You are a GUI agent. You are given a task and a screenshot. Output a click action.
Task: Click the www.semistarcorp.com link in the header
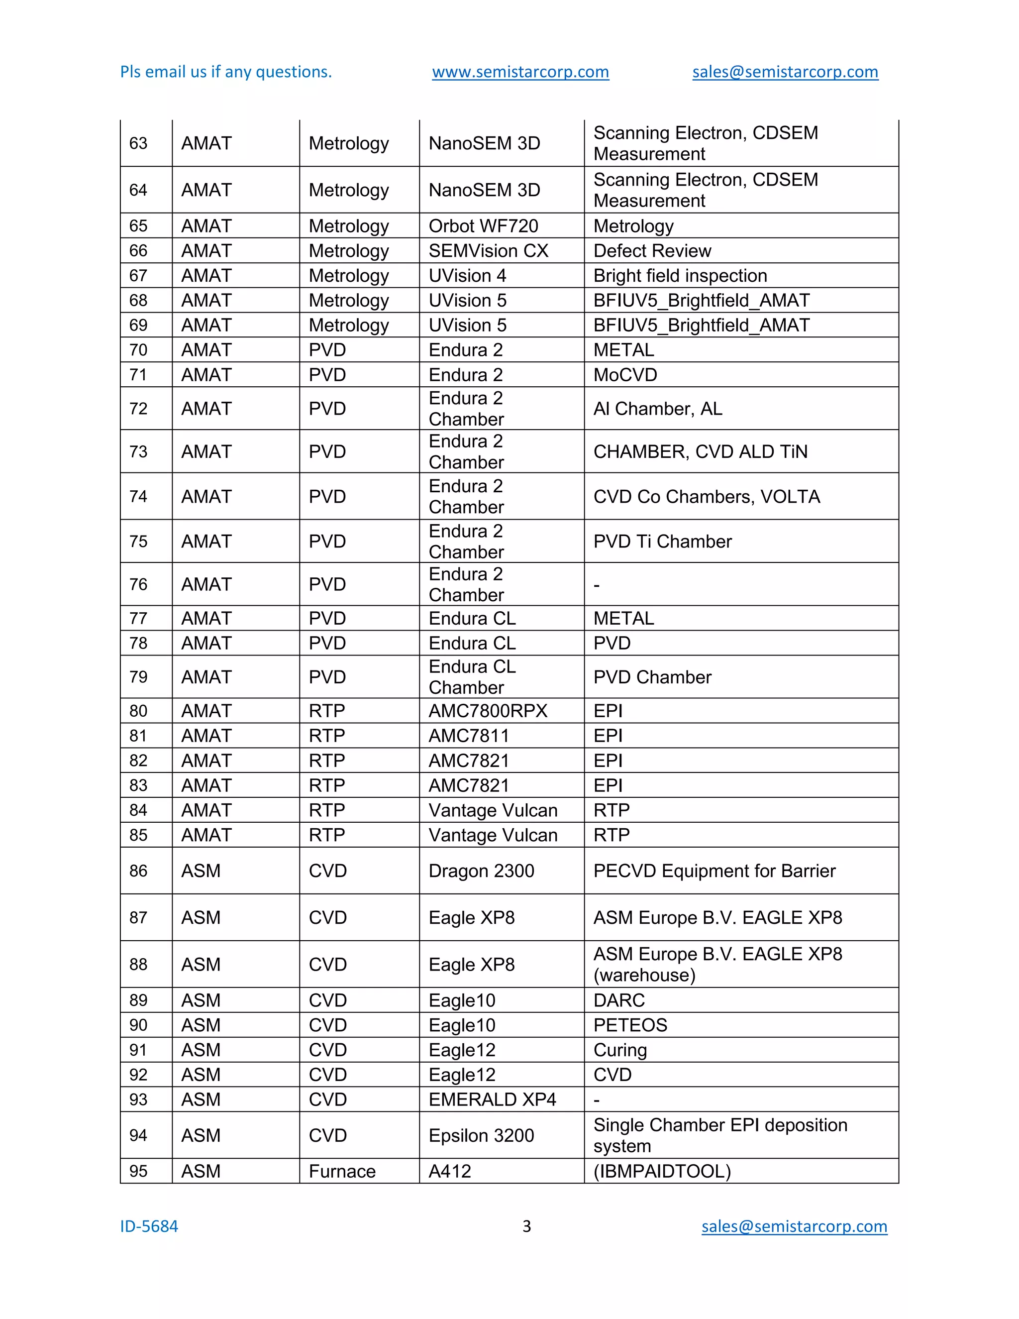click(x=520, y=72)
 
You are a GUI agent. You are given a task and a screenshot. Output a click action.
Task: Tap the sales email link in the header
click(x=785, y=72)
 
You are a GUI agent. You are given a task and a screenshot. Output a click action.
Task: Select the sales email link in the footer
click(x=794, y=1226)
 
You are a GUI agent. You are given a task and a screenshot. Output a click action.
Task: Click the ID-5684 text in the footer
click(x=149, y=1226)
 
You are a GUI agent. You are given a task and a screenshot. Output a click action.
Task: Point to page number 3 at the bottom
click(x=526, y=1226)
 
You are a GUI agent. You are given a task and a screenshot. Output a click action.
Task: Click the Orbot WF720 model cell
click(x=483, y=226)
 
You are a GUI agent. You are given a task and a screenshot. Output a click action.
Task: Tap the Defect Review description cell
click(x=652, y=251)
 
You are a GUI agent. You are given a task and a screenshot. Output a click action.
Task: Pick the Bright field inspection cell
click(x=680, y=275)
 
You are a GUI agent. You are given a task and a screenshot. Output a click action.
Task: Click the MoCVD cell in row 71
click(x=625, y=375)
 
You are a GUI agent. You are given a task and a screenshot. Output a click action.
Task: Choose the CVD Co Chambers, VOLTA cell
click(x=707, y=496)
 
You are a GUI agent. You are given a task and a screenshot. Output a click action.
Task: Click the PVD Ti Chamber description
click(x=662, y=541)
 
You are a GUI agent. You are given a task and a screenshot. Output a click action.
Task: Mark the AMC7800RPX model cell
click(x=488, y=711)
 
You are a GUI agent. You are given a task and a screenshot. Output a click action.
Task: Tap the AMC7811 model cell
click(x=468, y=736)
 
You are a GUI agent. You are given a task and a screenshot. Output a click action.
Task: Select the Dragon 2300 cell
click(x=481, y=871)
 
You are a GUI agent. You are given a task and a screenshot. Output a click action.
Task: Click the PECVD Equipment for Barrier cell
click(x=714, y=871)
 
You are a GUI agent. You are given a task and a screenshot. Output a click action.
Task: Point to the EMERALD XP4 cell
click(x=492, y=1099)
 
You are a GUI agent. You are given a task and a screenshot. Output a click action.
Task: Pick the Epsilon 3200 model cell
click(x=481, y=1135)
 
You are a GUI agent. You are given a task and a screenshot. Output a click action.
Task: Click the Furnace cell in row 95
click(x=342, y=1171)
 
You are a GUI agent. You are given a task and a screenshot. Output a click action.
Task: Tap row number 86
click(x=138, y=871)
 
